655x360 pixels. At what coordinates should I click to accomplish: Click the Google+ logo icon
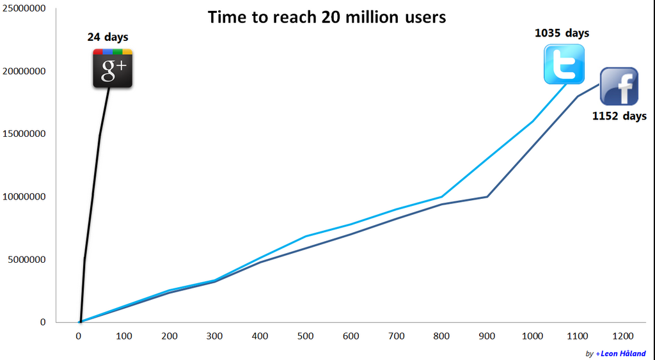coord(113,68)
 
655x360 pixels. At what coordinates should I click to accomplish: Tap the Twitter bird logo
coord(564,64)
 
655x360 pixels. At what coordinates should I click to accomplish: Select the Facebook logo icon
coord(619,86)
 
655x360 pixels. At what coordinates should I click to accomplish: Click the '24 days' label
coord(107,37)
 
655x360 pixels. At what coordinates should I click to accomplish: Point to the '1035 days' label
coord(562,33)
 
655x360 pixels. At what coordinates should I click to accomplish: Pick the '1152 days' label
coord(619,116)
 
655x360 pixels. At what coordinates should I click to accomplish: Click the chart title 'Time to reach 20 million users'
coord(327,17)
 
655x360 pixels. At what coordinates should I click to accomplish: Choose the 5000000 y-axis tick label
coord(27,260)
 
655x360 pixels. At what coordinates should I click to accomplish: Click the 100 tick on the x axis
coord(124,336)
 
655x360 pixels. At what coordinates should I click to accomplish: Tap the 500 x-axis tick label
coord(306,336)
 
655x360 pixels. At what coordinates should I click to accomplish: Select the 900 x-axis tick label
coord(487,336)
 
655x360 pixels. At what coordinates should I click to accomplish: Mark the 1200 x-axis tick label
coord(623,336)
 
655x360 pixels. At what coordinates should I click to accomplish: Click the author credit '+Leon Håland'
coord(620,354)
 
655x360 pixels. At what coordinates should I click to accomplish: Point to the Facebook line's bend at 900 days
coord(487,196)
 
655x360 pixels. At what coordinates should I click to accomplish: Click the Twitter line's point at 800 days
coord(442,196)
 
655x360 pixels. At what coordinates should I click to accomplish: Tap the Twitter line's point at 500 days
coord(306,237)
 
